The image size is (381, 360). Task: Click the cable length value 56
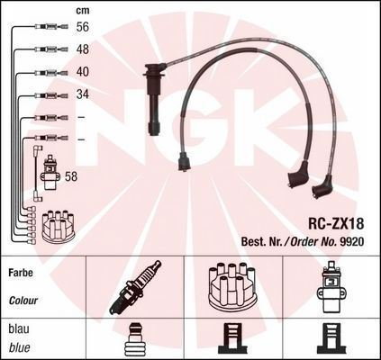click(83, 27)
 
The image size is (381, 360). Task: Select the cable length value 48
click(83, 49)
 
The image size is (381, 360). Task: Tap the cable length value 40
click(83, 72)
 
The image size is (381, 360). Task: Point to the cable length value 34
click(83, 94)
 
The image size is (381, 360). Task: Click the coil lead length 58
click(71, 176)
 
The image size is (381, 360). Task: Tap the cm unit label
click(83, 11)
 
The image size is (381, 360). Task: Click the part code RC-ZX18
click(336, 224)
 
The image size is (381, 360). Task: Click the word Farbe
click(21, 273)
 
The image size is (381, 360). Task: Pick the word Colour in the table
click(23, 301)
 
